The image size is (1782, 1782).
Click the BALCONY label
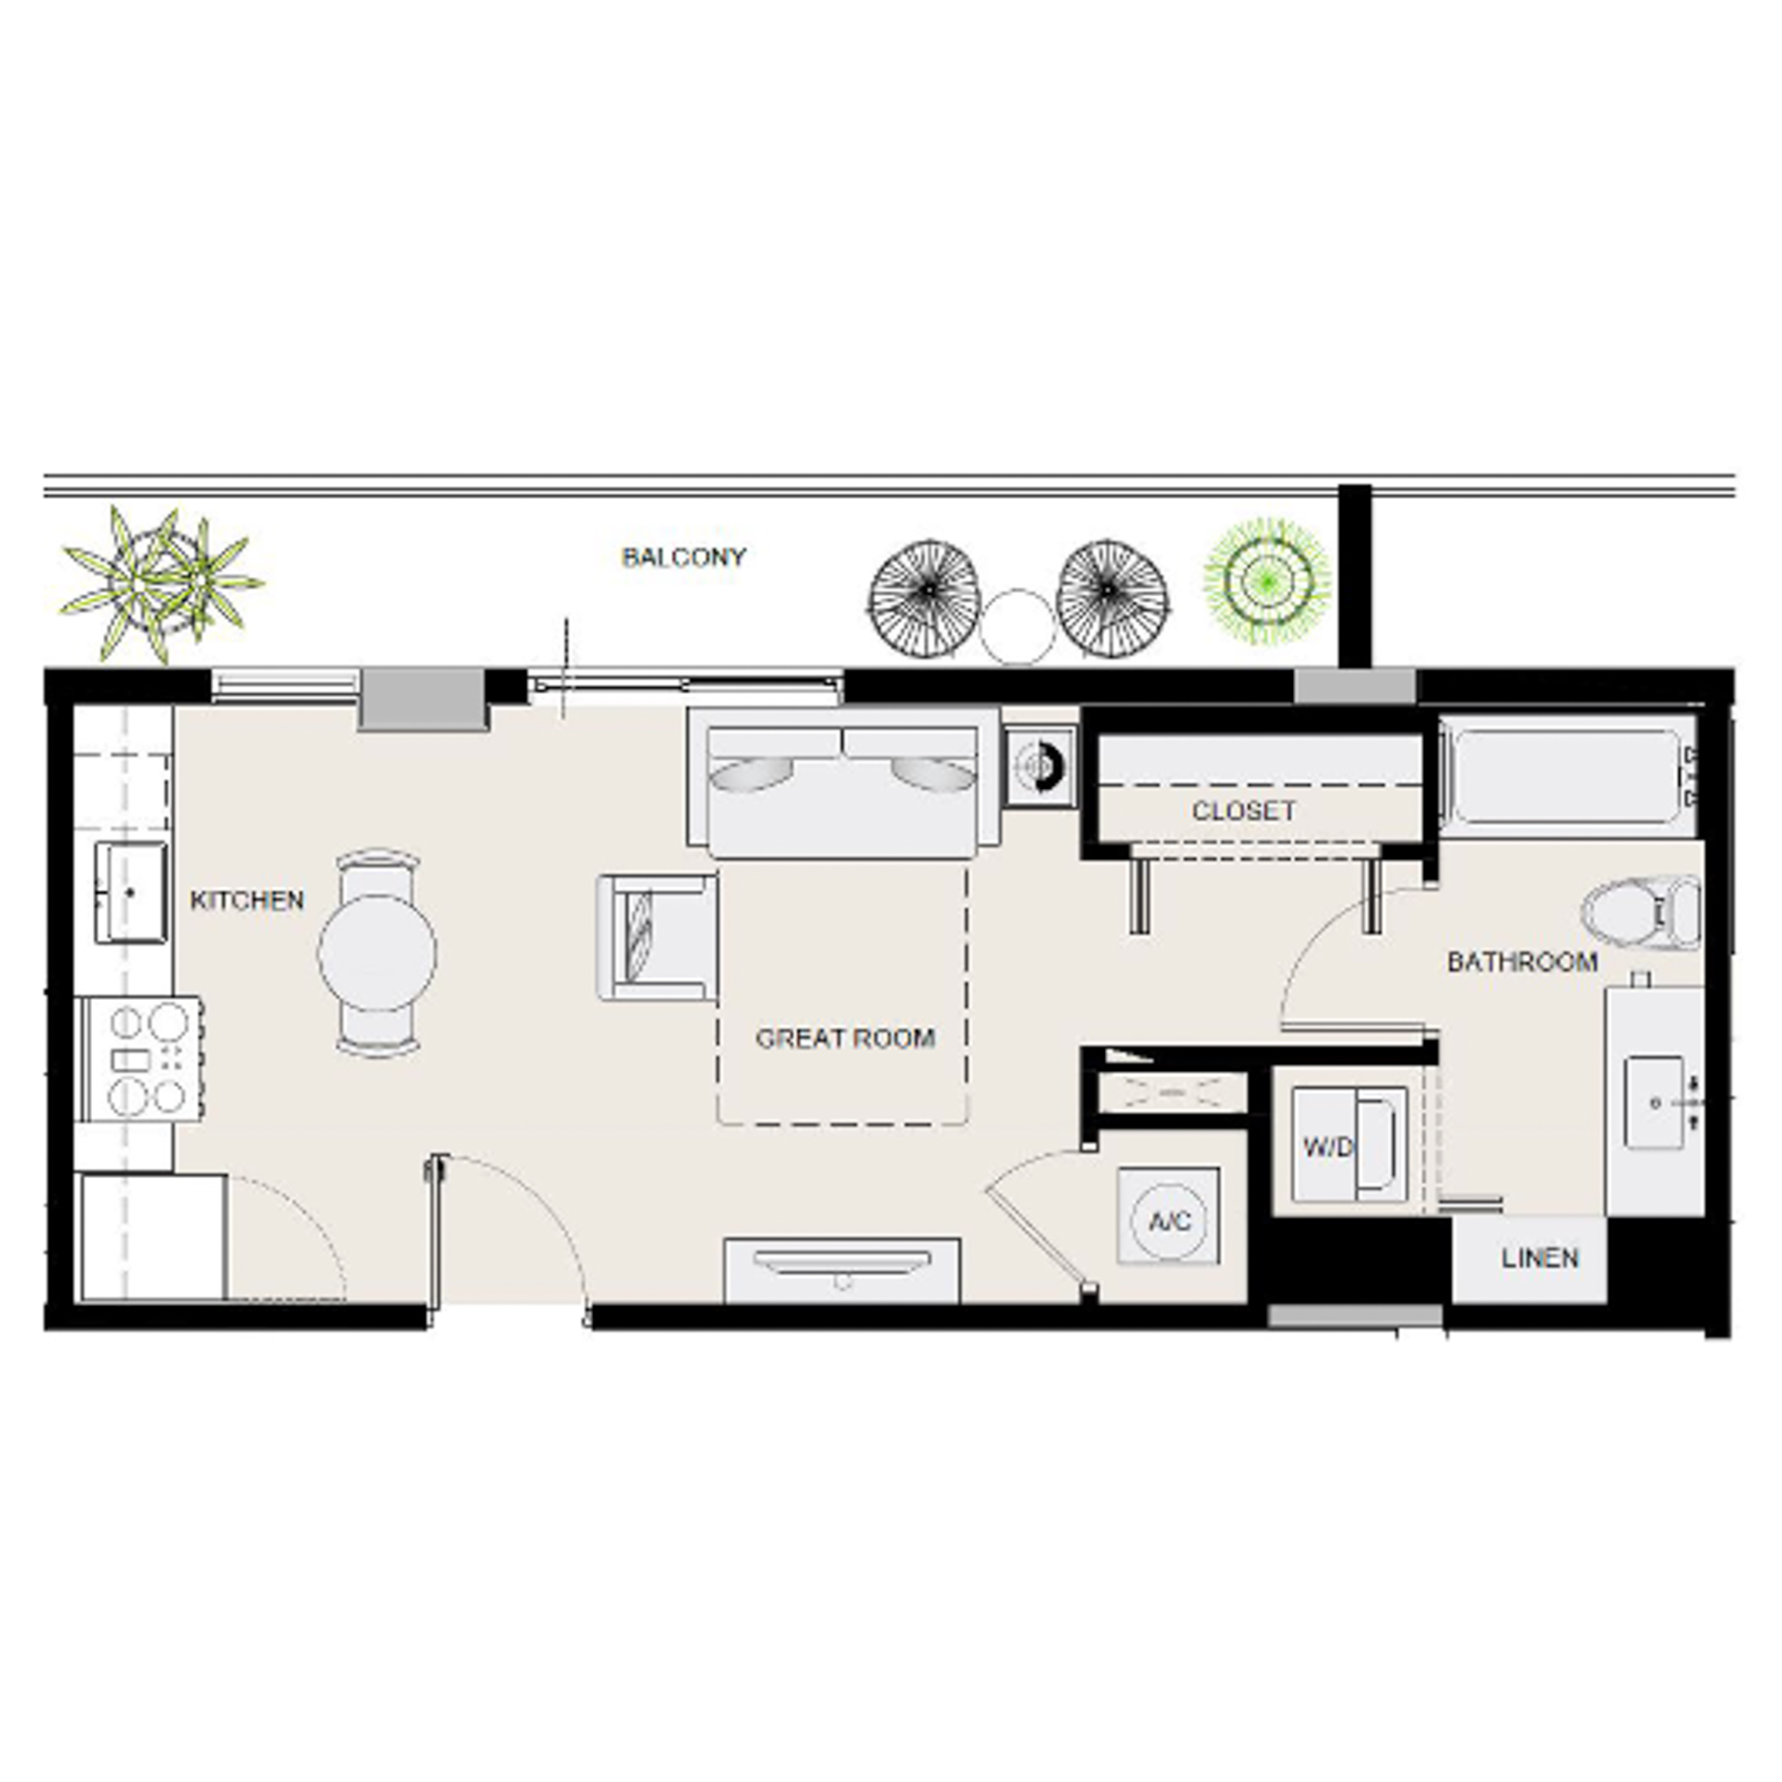pos(683,557)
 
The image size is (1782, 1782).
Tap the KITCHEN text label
pos(247,900)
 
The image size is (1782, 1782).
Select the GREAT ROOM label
pos(844,1038)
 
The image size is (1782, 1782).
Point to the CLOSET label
pos(1243,811)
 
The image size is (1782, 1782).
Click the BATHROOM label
pos(1522,961)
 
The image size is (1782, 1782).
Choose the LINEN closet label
pos(1539,1258)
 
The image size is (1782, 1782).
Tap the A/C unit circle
pos(1169,1221)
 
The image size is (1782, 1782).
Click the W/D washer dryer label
pos(1327,1147)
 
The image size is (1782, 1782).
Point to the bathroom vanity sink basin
pos(1654,1102)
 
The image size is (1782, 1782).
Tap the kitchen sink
pos(130,892)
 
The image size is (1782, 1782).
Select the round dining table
pos(376,951)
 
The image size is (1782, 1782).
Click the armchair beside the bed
pos(655,937)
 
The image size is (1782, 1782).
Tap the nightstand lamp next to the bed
pos(1039,766)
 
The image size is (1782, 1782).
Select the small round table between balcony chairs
pos(1017,626)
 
